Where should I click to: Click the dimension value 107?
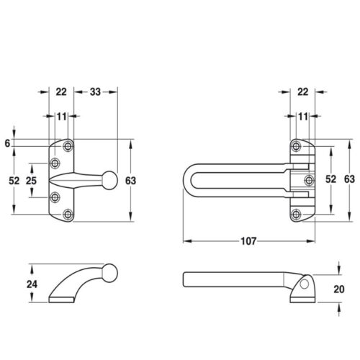[248, 241]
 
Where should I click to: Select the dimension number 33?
[95, 92]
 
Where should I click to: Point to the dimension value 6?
[7, 143]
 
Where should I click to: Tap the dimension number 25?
[31, 181]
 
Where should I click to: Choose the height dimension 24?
[32, 284]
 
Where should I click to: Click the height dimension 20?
[339, 289]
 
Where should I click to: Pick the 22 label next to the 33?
[61, 92]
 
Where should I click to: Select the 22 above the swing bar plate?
[302, 92]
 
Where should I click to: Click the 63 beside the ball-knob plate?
[130, 181]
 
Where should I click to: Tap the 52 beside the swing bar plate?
[330, 179]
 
